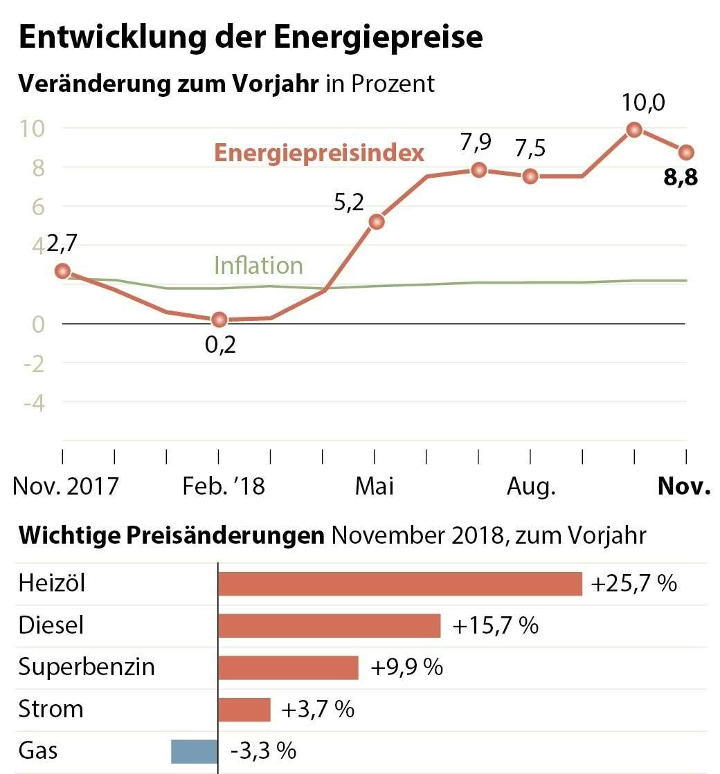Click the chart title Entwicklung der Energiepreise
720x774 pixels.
[x=250, y=37]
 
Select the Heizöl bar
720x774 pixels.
[x=399, y=584]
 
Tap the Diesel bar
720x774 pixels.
[x=329, y=626]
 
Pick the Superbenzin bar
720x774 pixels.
[x=288, y=667]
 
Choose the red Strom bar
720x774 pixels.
[x=244, y=710]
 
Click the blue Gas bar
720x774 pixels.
[x=194, y=751]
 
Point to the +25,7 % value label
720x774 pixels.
[x=633, y=584]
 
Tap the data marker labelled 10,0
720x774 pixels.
[x=633, y=129]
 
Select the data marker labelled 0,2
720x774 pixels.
[x=219, y=320]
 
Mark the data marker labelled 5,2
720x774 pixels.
[x=377, y=222]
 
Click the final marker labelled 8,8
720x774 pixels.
[x=686, y=152]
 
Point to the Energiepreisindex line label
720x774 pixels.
[x=319, y=152]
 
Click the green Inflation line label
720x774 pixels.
[x=258, y=266]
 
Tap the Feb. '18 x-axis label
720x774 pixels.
[x=224, y=486]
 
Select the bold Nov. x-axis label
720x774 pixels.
[x=684, y=486]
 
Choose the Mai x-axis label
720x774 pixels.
[x=375, y=486]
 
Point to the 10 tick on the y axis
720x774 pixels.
[x=33, y=129]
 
